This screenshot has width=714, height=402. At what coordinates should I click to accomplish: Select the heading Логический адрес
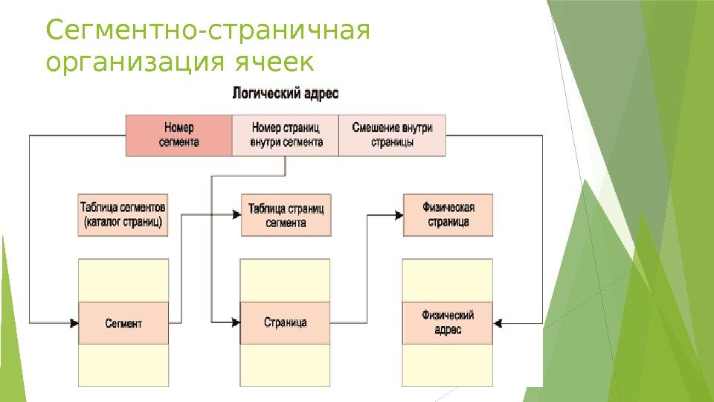[x=286, y=94]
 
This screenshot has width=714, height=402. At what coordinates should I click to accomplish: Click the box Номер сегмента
[x=179, y=135]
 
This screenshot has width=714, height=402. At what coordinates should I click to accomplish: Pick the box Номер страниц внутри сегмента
[x=286, y=135]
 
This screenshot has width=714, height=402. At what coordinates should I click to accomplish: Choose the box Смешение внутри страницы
[x=392, y=135]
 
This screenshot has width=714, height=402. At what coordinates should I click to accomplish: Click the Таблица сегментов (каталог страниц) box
[x=123, y=215]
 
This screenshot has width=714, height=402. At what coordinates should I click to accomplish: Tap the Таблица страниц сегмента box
[x=286, y=215]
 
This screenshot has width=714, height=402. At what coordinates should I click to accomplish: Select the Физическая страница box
[x=448, y=215]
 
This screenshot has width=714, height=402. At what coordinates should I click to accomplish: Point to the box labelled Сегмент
[x=123, y=323]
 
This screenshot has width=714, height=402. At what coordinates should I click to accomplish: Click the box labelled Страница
[x=286, y=323]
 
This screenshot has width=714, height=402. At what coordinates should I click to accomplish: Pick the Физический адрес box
[x=448, y=323]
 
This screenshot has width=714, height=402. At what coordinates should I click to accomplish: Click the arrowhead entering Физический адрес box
[x=498, y=323]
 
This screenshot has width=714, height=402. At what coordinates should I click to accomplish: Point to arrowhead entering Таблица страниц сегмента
[x=236, y=215]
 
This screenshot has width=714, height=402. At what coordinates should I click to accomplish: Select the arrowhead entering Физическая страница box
[x=398, y=215]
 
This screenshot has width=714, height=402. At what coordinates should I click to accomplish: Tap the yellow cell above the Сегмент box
[x=123, y=281]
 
